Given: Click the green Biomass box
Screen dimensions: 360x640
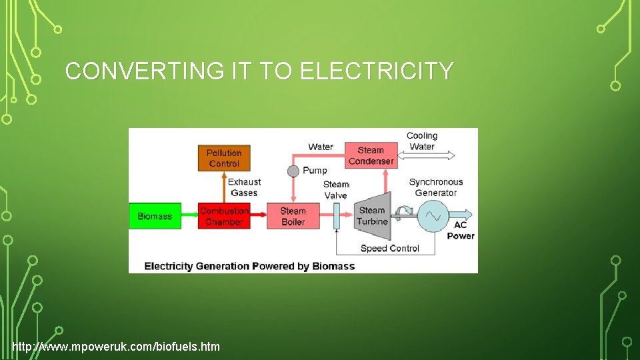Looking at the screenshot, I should pos(155,216).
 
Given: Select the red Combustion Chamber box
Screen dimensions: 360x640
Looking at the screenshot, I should pos(224,216).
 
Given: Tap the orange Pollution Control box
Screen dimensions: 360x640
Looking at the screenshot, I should pos(224,158).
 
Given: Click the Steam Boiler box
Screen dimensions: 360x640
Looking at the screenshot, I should pos(293,216).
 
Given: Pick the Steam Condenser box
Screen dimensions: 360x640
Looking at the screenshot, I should pos(371,155).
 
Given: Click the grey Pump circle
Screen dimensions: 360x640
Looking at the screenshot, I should pos(293,171).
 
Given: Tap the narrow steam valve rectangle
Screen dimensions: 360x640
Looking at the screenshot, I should pos(336,216).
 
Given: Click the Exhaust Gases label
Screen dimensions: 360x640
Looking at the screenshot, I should pos(244,187).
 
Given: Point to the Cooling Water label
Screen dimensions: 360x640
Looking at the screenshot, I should pos(422,141).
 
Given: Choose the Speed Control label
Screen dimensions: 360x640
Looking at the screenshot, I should pos(390,249).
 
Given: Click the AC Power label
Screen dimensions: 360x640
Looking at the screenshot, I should pos(461,231).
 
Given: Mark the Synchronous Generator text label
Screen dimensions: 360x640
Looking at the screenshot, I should pos(435,187).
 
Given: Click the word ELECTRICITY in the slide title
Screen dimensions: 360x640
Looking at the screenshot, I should pos(377,71).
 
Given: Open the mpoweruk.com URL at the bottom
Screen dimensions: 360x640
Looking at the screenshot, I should pos(116,347).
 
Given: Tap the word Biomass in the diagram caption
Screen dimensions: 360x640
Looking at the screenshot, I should pos(332,266).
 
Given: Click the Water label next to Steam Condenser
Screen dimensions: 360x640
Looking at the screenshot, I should pos(321,147).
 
